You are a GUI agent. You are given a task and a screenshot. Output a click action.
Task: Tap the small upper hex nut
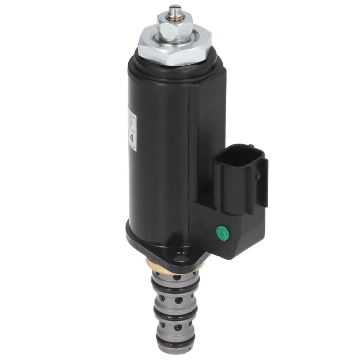(175, 21)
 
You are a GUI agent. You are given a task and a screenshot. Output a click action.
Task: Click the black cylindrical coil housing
(157, 148)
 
